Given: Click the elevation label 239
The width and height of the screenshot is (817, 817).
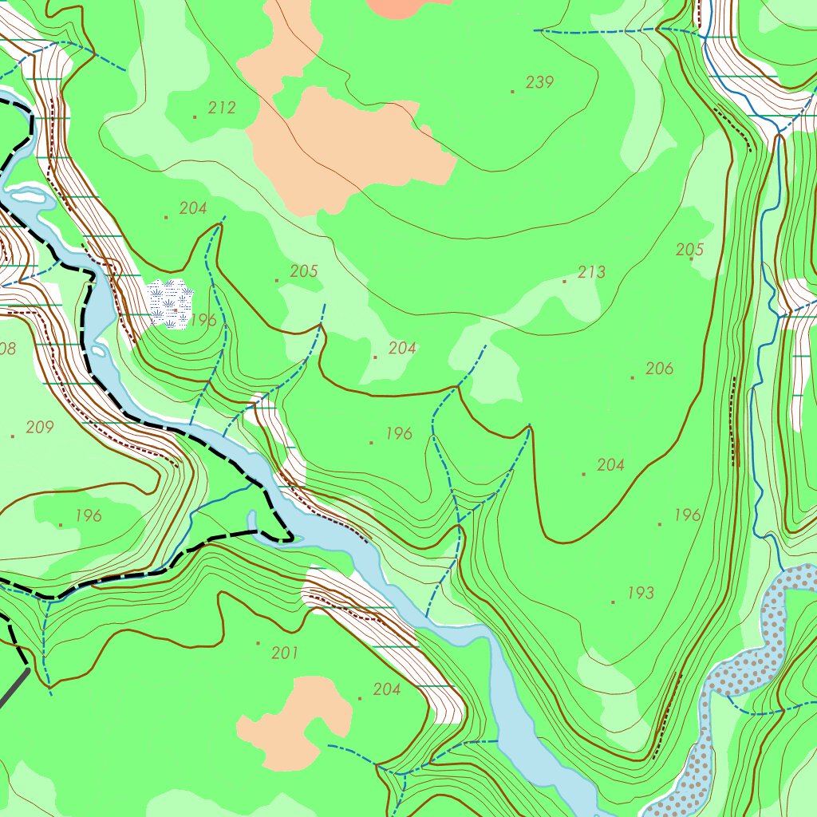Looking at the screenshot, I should [540, 82].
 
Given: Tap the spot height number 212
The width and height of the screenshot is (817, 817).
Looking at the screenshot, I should [222, 108].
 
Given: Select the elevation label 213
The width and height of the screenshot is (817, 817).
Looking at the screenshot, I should [591, 272].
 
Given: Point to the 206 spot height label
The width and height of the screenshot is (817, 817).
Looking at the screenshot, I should [659, 369].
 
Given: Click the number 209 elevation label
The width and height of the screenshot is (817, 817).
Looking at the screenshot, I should [40, 428].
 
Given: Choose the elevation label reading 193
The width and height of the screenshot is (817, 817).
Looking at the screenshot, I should [640, 593].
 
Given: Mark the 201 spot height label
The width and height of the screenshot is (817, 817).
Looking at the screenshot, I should [285, 653].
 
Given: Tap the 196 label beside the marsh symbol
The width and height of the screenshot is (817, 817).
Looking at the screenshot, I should [203, 321].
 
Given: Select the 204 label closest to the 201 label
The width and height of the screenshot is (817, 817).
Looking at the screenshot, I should [387, 689].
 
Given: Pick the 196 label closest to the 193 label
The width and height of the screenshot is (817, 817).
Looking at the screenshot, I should [687, 515].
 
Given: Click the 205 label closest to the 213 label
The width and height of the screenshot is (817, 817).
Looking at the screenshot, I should [689, 250].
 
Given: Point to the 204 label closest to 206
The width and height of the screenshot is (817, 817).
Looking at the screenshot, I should [610, 465].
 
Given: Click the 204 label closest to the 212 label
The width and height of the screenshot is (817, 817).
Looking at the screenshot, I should [193, 208].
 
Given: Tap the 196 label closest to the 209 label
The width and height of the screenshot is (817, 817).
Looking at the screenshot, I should [88, 515].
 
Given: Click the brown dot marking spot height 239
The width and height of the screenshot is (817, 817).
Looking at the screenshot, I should [512, 92].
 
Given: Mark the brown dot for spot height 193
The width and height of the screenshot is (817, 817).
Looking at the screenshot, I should [613, 602].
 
